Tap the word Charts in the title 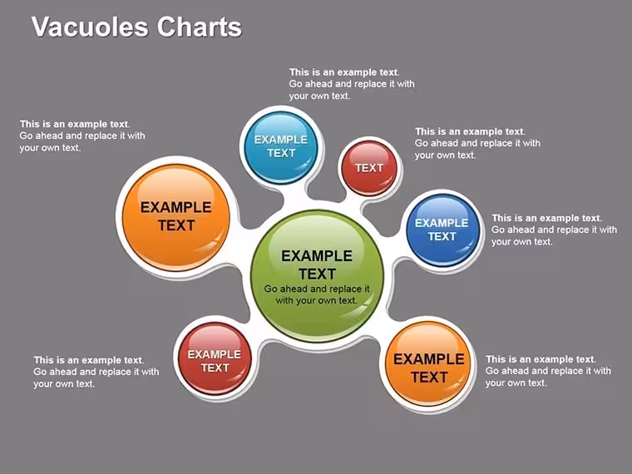click(199, 27)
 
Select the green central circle click(317, 276)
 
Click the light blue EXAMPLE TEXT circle click(281, 147)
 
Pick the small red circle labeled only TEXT click(369, 168)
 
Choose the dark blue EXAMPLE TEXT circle click(442, 230)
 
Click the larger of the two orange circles click(176, 217)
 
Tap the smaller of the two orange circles click(428, 364)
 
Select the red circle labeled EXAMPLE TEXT click(215, 358)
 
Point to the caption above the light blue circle click(352, 84)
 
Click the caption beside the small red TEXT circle click(477, 143)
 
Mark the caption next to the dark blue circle click(554, 230)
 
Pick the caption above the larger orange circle click(82, 136)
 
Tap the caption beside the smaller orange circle click(548, 371)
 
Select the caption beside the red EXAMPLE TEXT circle click(96, 372)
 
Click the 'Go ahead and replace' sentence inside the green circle click(317, 294)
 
